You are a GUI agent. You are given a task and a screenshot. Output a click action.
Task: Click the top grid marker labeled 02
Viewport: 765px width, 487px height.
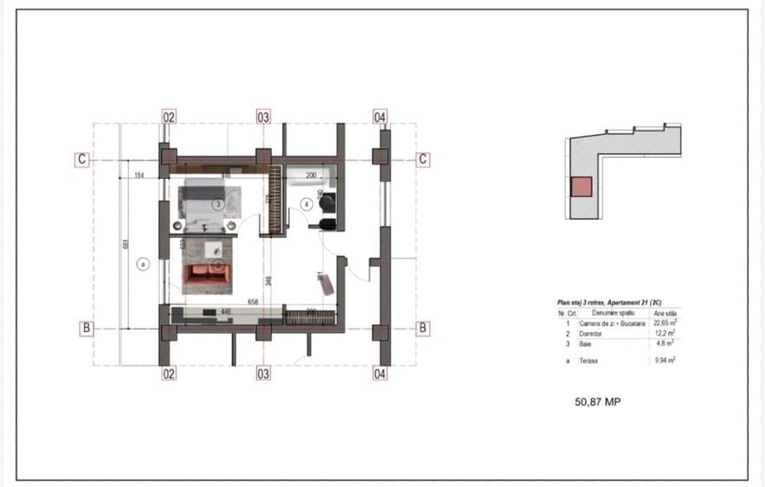click(169, 117)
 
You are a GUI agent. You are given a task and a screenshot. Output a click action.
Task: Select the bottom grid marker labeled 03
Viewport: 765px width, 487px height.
click(263, 374)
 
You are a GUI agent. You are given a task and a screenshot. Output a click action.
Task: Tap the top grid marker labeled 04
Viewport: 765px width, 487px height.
click(380, 117)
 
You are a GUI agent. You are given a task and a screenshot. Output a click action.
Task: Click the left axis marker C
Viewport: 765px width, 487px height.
click(81, 159)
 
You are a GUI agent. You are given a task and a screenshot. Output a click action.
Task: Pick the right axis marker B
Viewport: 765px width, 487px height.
click(423, 328)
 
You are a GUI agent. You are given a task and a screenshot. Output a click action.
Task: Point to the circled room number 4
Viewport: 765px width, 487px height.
click(306, 204)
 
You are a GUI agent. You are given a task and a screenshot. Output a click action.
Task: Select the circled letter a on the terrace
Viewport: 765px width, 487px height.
click(143, 264)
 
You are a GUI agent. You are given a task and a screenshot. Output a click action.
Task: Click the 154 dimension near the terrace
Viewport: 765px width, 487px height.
click(138, 176)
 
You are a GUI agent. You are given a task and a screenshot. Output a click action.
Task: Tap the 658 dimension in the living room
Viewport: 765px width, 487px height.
click(254, 302)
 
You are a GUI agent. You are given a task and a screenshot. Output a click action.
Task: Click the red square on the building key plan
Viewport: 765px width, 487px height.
click(580, 187)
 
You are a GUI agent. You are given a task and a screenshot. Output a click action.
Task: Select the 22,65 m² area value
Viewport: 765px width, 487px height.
click(664, 323)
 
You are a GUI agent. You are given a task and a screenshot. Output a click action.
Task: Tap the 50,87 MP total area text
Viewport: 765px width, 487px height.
click(598, 401)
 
